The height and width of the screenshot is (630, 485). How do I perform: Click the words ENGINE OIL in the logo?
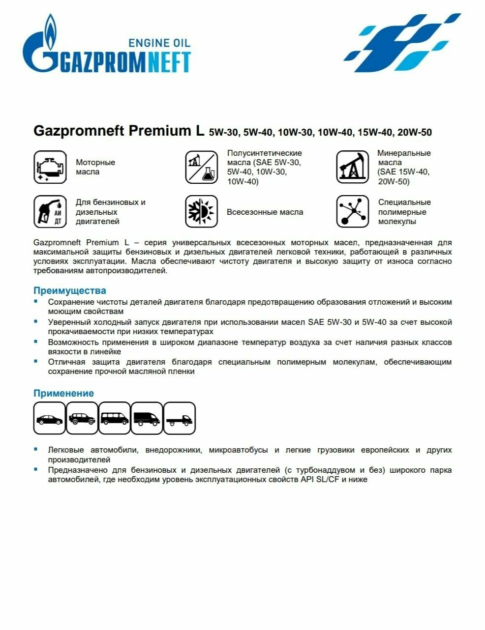click(x=159, y=43)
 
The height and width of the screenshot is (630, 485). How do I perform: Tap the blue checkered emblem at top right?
click(x=400, y=43)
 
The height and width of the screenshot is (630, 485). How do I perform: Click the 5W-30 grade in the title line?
click(x=224, y=132)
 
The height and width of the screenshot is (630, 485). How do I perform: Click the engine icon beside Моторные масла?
click(x=50, y=168)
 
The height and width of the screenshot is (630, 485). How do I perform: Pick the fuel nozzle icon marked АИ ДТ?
click(x=50, y=212)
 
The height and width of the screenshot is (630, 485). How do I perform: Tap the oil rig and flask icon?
click(x=201, y=168)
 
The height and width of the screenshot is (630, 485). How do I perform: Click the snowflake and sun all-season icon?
click(x=201, y=212)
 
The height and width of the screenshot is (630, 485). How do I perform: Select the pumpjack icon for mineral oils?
click(x=352, y=168)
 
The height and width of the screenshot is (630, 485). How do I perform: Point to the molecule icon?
click(x=352, y=212)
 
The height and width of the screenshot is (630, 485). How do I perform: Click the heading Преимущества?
click(x=69, y=290)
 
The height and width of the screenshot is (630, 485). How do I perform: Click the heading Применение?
click(x=63, y=393)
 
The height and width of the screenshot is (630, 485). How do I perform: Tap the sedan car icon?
click(x=50, y=419)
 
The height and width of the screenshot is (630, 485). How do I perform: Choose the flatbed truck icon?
click(x=180, y=419)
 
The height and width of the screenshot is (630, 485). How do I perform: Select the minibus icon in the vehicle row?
click(x=115, y=419)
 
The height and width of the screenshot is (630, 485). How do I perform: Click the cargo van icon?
click(x=147, y=419)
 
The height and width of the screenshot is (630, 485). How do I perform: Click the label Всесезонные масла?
click(x=265, y=212)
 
